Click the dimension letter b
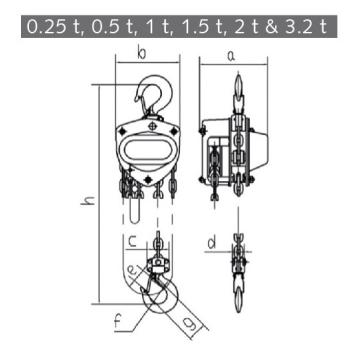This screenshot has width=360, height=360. click(x=142, y=54)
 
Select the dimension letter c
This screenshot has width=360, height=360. click(x=133, y=241)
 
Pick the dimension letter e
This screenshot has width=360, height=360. click(x=132, y=271)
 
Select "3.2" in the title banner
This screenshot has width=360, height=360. click(x=297, y=27)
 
